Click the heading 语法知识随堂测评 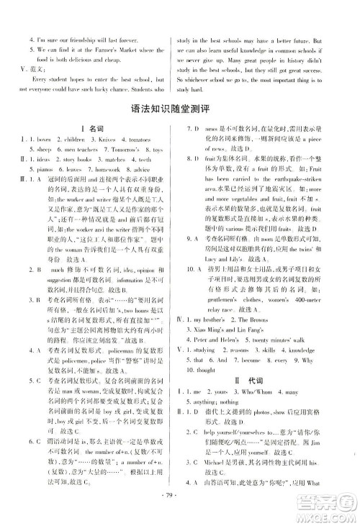pos(181,109)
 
